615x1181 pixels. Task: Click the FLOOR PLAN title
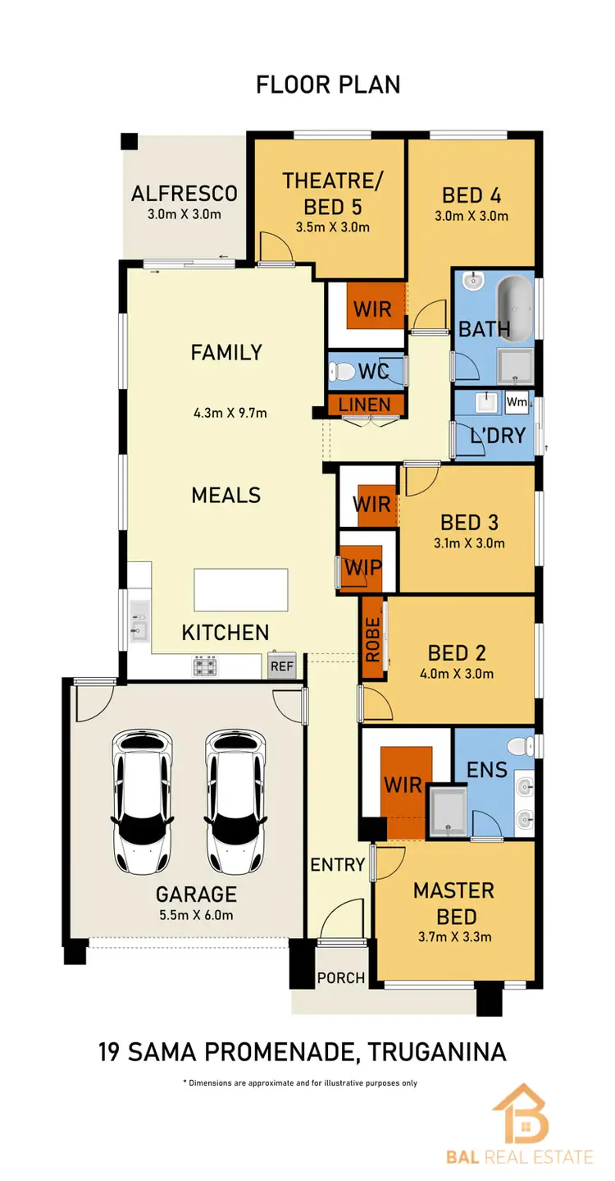coord(328,84)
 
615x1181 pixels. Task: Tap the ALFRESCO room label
coord(184,194)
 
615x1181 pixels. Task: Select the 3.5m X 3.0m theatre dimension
coord(333,227)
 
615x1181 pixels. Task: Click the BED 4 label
coord(471,195)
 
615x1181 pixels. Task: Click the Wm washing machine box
coord(516,402)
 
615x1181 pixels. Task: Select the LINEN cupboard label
coord(366,405)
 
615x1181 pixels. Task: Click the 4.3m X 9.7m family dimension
coord(226,413)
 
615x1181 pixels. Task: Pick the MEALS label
coord(226,495)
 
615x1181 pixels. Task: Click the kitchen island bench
coord(241,589)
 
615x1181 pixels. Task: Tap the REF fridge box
coord(281,666)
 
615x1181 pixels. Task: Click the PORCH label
coord(340,977)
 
